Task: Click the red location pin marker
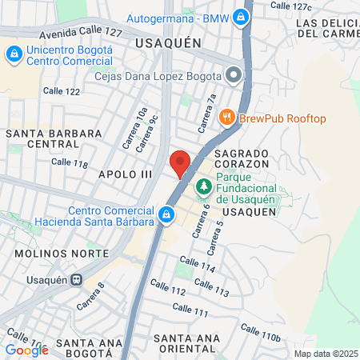tap(180, 162)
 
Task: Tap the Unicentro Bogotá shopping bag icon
tap(14, 54)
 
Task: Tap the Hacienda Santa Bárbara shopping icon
tap(166, 214)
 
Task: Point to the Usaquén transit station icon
tap(77, 280)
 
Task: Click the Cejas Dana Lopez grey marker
tap(234, 76)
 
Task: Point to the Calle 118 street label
tap(69, 162)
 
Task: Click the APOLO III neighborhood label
tap(125, 173)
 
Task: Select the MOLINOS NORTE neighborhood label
tap(57, 252)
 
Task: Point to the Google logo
tap(26, 350)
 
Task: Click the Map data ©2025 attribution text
tap(326, 354)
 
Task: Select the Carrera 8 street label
tap(91, 296)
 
